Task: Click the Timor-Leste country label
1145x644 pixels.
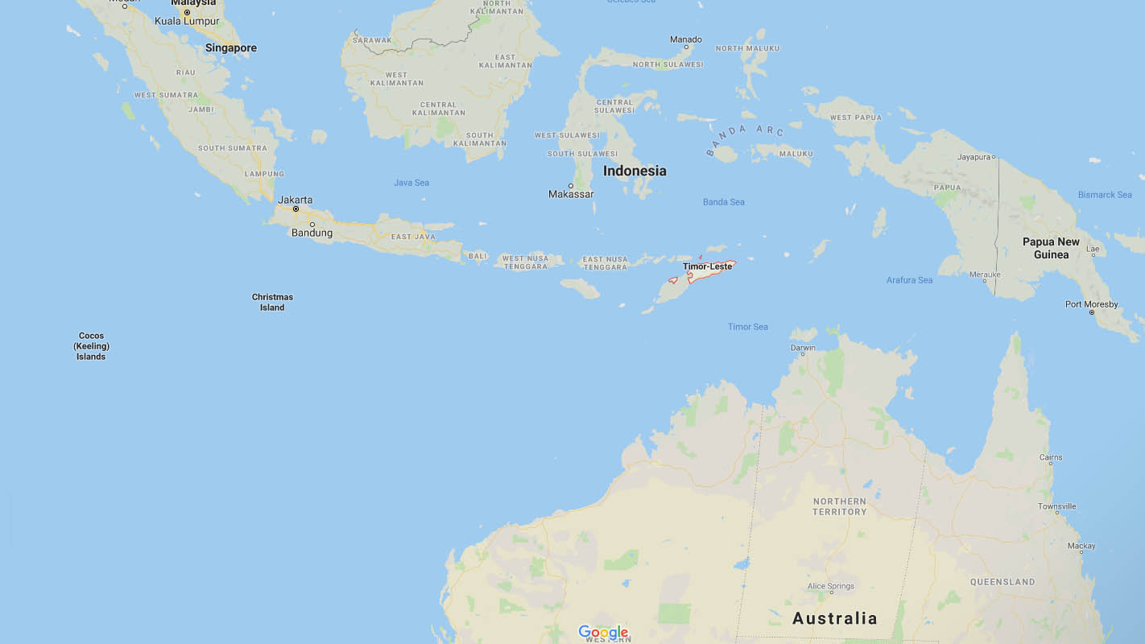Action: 708,266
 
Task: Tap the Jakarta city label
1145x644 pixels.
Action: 295,200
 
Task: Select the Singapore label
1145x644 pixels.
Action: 231,48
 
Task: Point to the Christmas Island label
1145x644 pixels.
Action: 272,302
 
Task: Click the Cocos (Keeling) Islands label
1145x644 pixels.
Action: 91,346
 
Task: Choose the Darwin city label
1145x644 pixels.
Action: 803,348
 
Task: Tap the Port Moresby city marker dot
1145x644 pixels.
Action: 1092,312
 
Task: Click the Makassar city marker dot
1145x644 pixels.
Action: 571,186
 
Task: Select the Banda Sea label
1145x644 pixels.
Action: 724,202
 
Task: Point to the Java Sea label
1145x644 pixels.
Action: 411,183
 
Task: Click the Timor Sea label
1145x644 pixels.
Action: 748,327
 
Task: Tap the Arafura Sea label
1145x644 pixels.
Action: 909,280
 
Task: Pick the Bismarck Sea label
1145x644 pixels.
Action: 1105,195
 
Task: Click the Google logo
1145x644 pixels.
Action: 603,633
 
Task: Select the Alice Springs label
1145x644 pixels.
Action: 831,586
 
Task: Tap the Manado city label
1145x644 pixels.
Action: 686,39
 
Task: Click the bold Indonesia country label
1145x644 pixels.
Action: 635,171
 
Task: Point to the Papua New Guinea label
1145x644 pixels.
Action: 1051,248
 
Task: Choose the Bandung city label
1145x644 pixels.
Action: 312,233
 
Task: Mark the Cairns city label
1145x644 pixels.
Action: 1051,457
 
